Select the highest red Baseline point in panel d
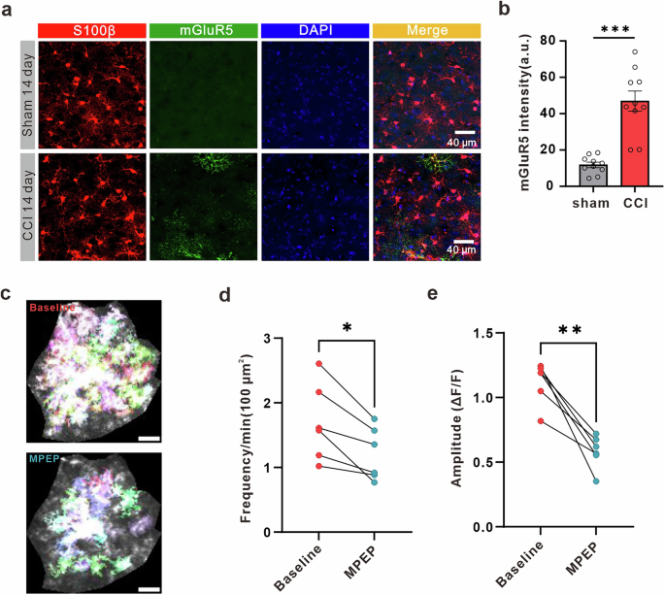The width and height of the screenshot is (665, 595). click(x=319, y=364)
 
